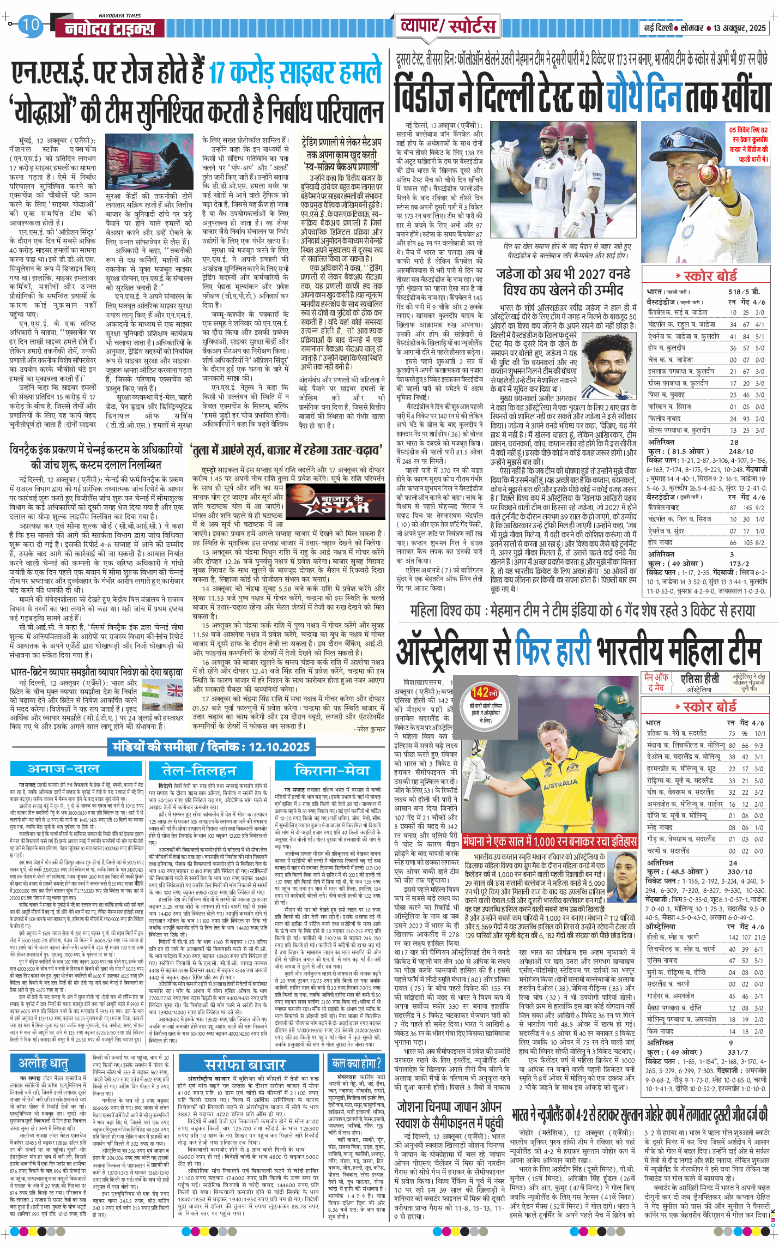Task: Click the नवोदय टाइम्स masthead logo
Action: [110, 29]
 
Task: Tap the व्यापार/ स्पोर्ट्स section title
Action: [448, 26]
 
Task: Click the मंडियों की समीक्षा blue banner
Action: [211, 747]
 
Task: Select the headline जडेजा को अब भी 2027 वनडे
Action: [563, 274]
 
